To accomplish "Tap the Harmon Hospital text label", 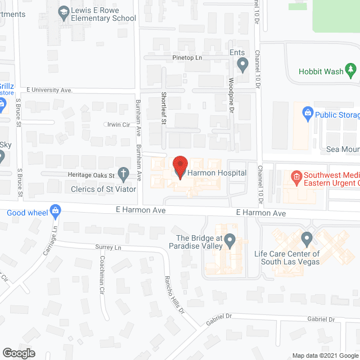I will coord(218,173).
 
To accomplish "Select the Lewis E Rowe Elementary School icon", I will coord(64,11).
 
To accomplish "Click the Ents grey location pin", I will coord(242,66).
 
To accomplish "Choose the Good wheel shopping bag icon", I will coord(55,211).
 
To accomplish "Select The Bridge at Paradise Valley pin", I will coord(229,241).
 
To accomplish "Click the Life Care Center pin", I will coord(307,239).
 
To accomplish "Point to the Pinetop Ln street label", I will coord(187,58).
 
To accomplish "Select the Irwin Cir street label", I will coord(118,124).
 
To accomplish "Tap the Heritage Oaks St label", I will coord(91,175).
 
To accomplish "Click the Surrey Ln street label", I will coord(109,247).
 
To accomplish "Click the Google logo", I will coord(18,353).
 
